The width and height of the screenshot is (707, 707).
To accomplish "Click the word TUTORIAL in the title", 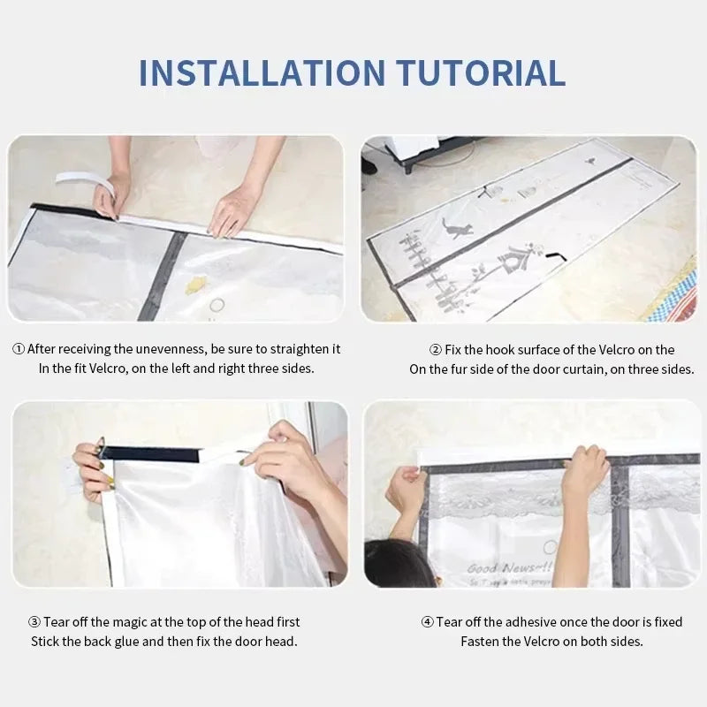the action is pos(478,72).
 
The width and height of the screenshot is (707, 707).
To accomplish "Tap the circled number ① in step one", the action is pos(19,349).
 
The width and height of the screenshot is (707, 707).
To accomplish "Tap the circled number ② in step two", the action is pos(435,349).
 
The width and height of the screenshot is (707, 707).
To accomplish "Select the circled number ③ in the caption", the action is pos(34,622).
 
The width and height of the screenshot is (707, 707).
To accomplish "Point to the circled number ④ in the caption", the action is pos(427,622).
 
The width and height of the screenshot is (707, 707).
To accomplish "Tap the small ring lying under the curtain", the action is pos(217,305).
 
